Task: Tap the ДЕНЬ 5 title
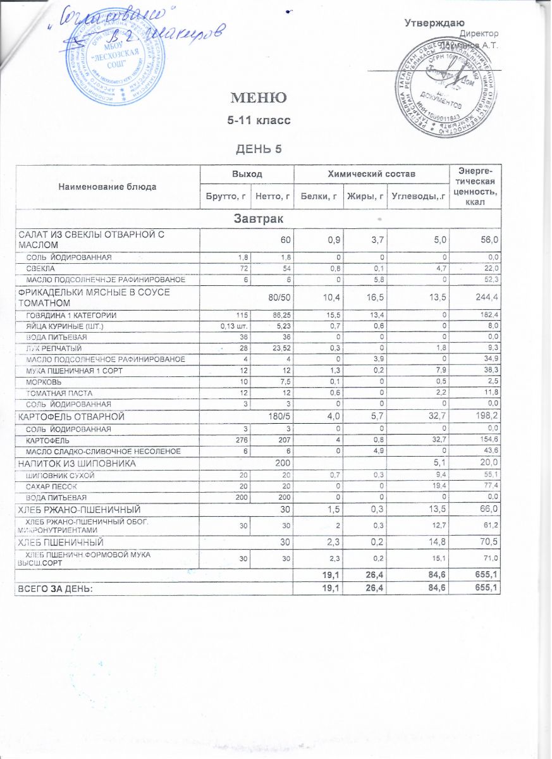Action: tap(257, 149)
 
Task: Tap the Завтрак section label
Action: tap(258, 219)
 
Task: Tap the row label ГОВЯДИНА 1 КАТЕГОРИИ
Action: tap(70, 315)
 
